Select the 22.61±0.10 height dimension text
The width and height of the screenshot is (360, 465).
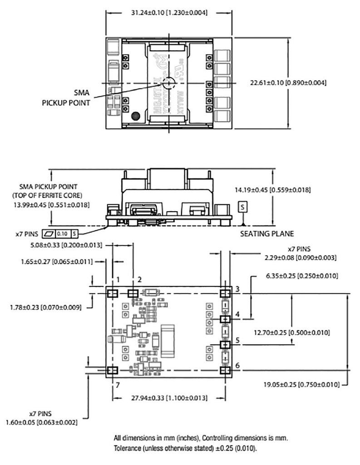288,83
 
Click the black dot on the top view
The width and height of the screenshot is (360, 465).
135,116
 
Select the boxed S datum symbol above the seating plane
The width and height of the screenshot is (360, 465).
244,207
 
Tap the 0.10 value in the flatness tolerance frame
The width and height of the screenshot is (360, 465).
62,233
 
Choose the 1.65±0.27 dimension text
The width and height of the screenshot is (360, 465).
57,262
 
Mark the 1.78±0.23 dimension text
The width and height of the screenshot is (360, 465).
45,307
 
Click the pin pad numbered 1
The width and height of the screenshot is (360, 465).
112,293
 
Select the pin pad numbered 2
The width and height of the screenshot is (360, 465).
133,293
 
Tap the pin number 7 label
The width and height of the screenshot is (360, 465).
118,385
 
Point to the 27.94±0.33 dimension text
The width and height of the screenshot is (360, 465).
169,398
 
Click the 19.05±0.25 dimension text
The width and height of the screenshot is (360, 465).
301,385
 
